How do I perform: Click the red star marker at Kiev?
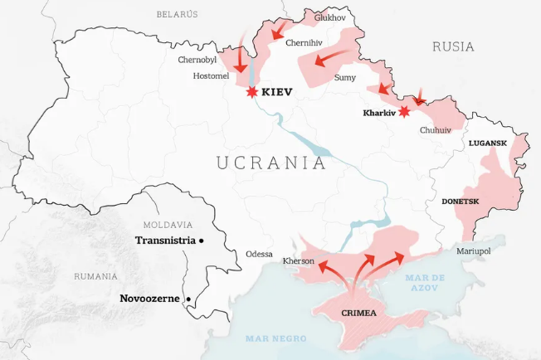[250, 92]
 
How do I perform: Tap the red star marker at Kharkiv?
[404, 111]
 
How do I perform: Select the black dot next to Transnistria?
[202, 241]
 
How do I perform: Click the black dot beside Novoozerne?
[188, 299]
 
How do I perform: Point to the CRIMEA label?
[358, 314]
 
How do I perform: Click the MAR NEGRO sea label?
[276, 338]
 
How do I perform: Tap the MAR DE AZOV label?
[425, 282]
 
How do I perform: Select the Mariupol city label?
[474, 251]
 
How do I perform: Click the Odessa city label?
[259, 254]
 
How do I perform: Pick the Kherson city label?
[299, 261]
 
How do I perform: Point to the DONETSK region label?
[461, 202]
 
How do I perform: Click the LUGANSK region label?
[487, 143]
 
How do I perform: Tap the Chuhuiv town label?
[436, 130]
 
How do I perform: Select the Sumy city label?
[344, 77]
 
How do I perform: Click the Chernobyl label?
[197, 60]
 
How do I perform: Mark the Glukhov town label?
[329, 17]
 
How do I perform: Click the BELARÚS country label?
[178, 14]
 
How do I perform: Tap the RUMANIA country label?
[95, 276]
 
